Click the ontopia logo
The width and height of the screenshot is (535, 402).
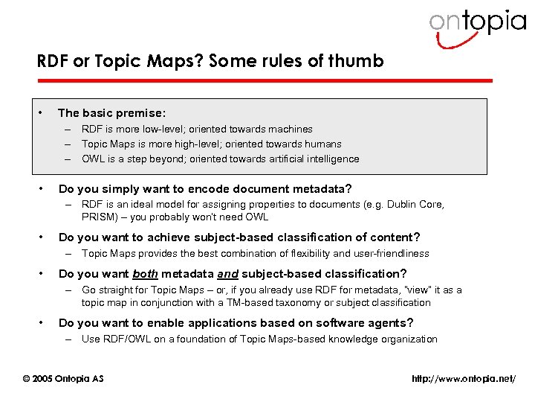pyautogui.click(x=477, y=25)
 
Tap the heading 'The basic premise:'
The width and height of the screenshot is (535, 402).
pyautogui.click(x=111, y=113)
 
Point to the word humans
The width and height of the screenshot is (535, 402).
pyautogui.click(x=320, y=144)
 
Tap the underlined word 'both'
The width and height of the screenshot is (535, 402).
pyautogui.click(x=145, y=273)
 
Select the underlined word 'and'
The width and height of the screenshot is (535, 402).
pyautogui.click(x=227, y=273)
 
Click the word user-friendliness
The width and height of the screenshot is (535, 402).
pyautogui.click(x=384, y=253)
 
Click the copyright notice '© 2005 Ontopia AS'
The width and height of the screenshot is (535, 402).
pyautogui.click(x=63, y=379)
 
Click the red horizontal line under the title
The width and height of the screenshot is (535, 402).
pyautogui.click(x=265, y=80)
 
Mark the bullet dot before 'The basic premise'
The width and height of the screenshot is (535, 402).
pyautogui.click(x=42, y=113)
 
